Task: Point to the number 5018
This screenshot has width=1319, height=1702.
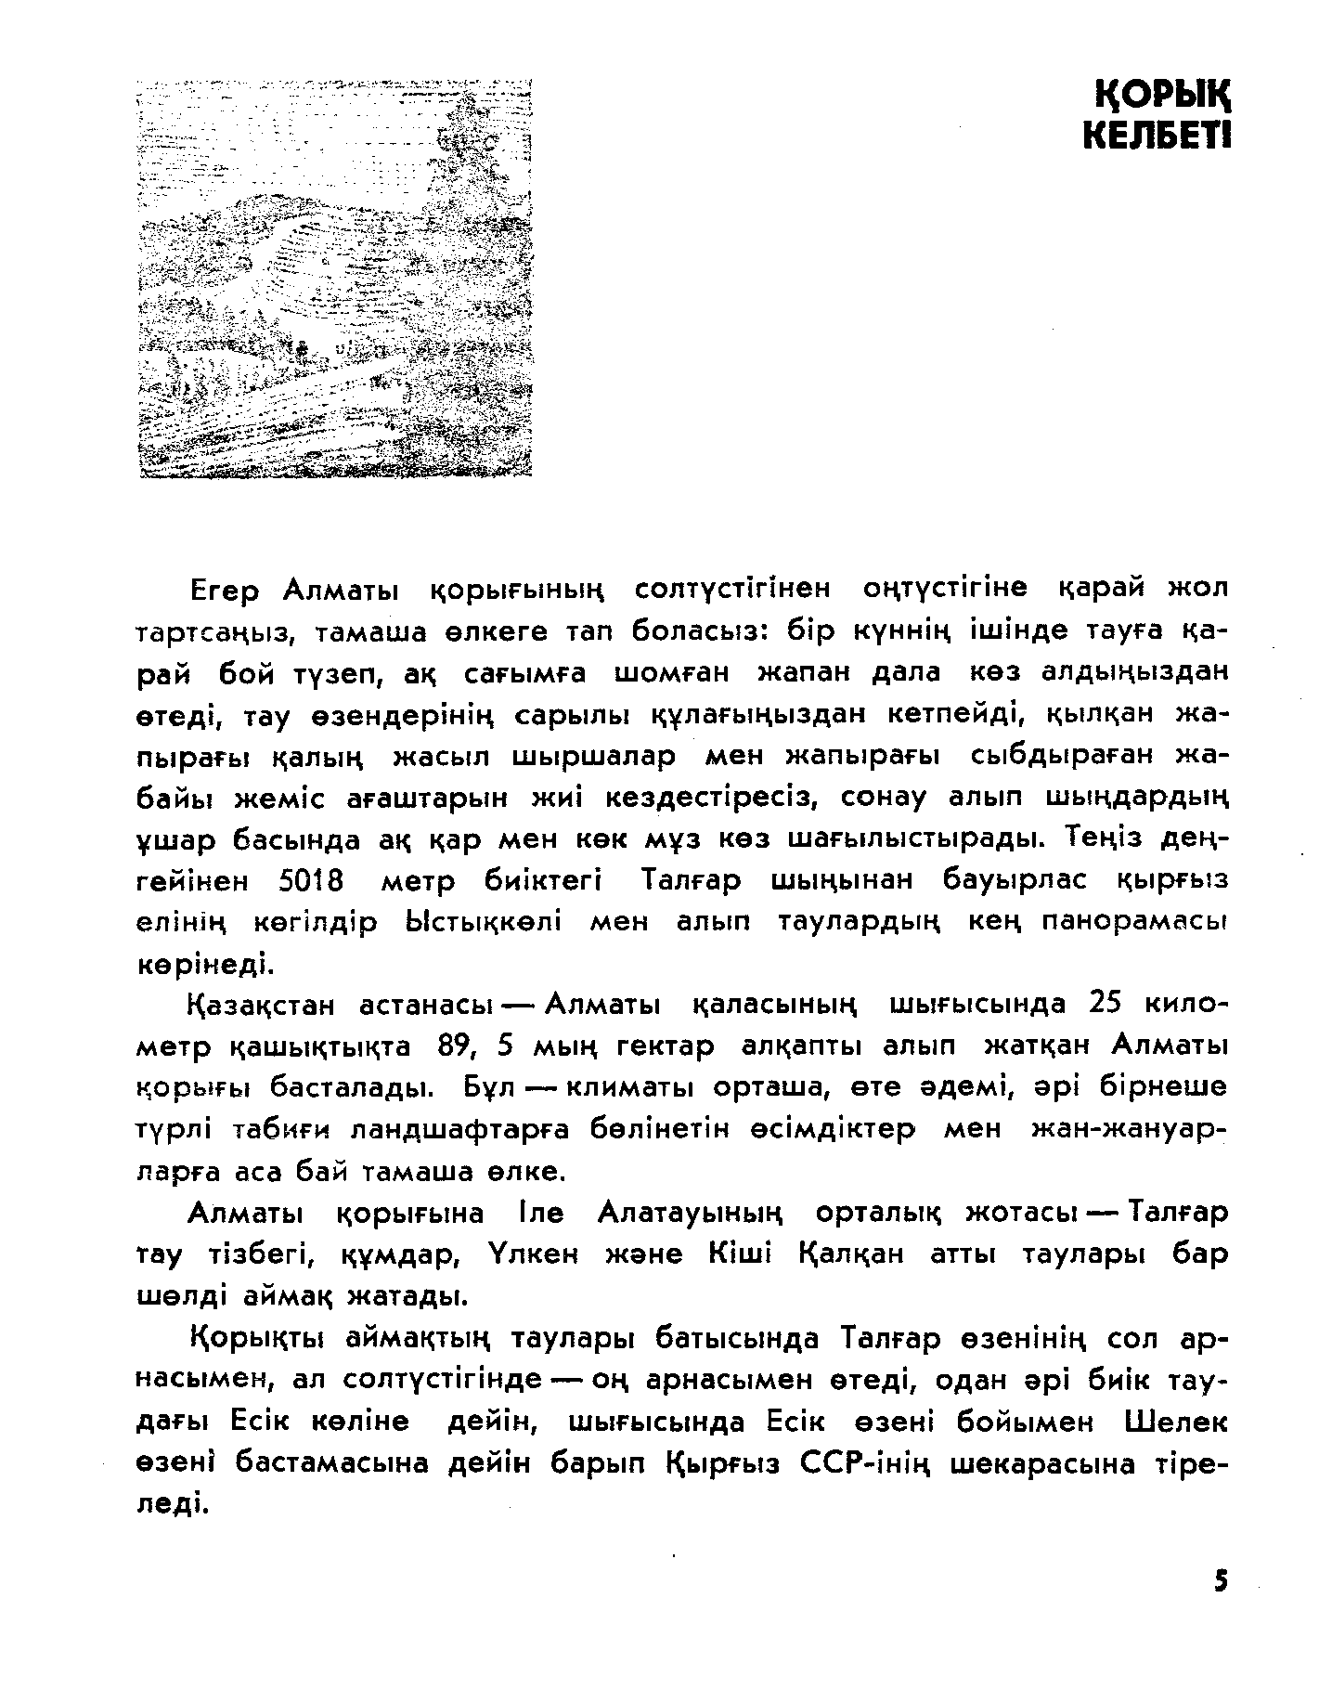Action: coord(310,880)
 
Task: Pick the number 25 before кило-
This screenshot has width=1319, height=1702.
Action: coord(1106,1005)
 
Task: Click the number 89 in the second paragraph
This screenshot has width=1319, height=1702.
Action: coord(453,1046)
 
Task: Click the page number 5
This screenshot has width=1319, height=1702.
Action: coord(1219,1581)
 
